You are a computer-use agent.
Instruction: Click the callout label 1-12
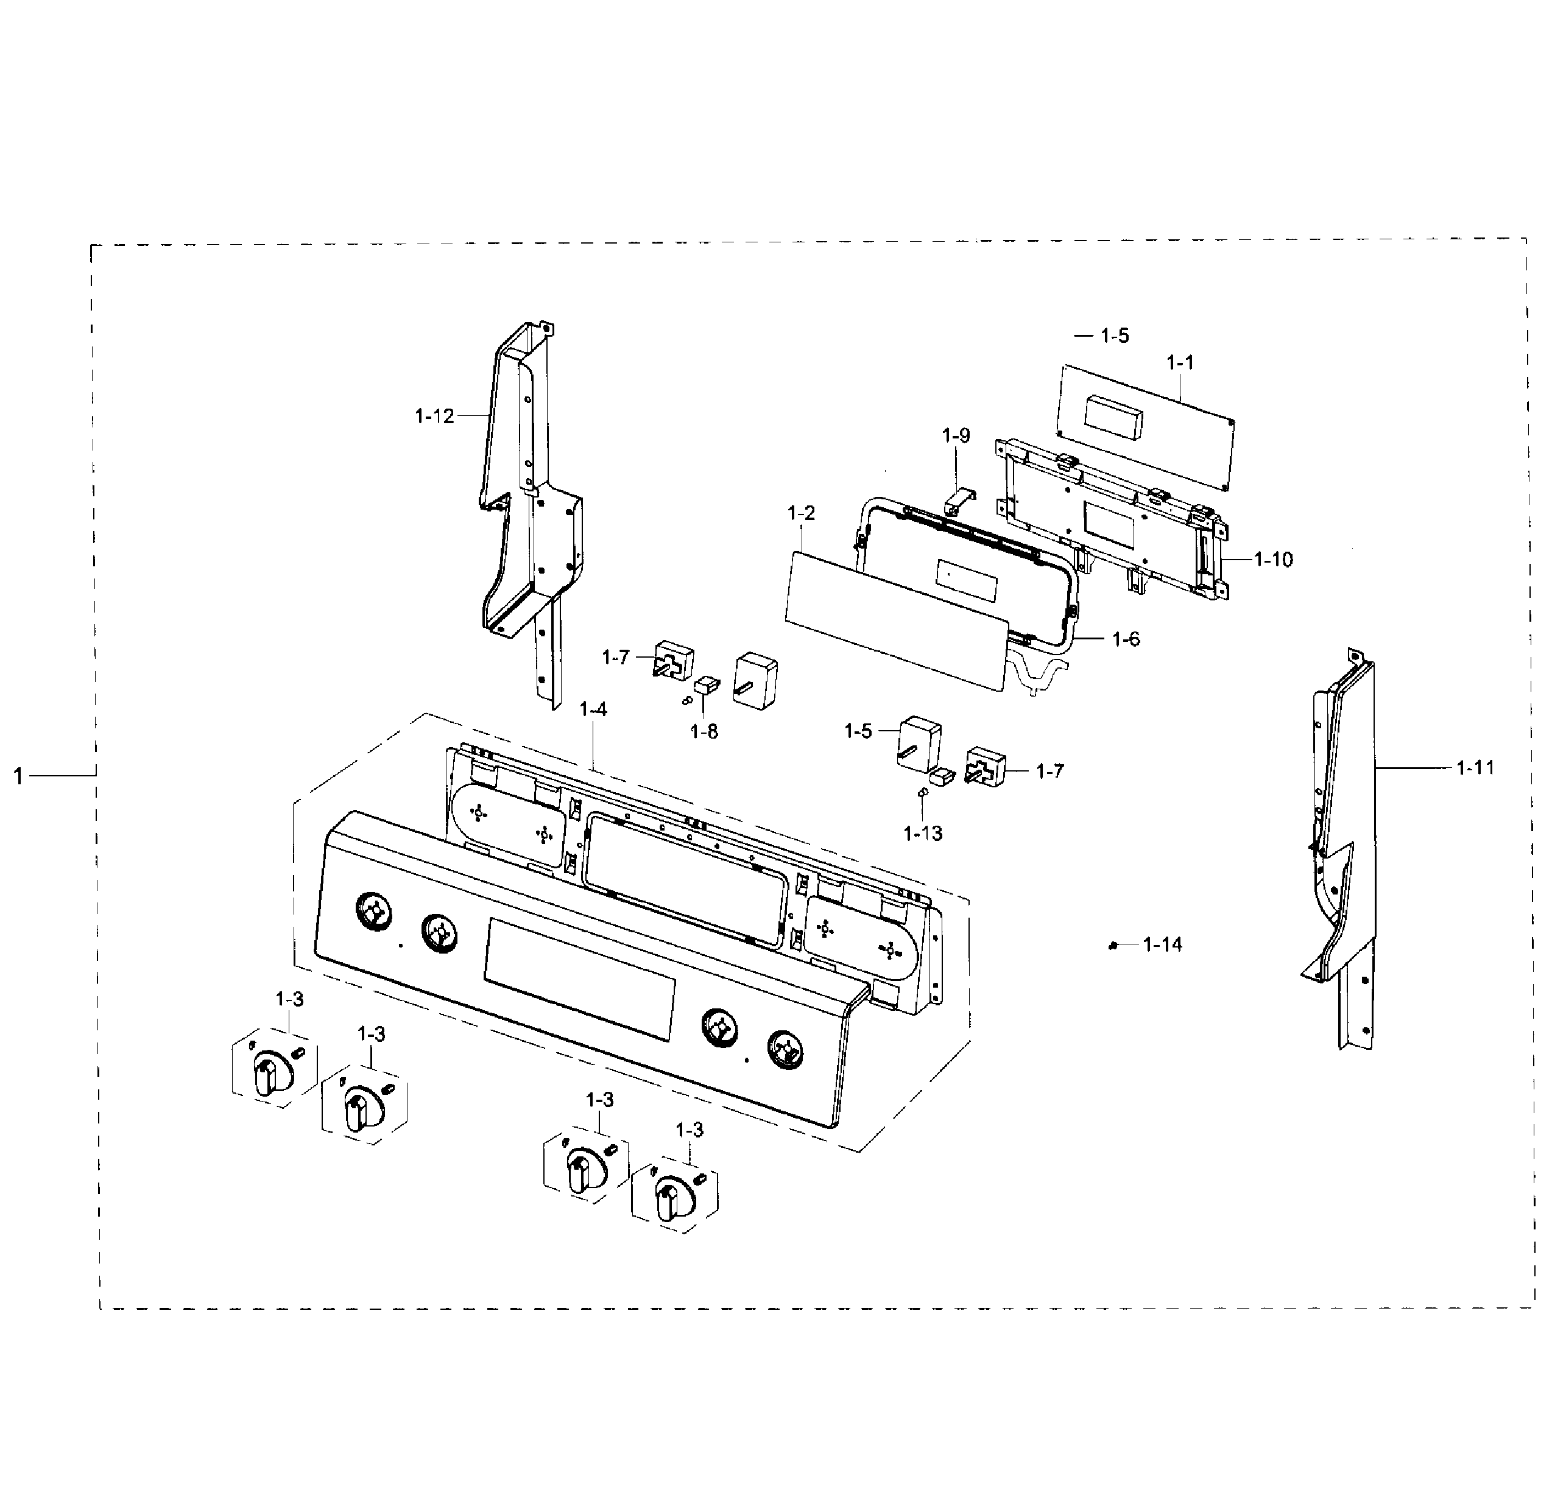(434, 416)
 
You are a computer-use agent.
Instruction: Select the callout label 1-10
(1273, 560)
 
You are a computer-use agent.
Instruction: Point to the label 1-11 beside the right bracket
(1475, 767)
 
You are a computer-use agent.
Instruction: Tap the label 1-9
(956, 435)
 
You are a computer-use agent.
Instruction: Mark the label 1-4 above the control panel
(593, 709)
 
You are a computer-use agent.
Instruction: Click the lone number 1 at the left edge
(18, 776)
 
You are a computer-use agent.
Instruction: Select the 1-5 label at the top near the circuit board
(1114, 336)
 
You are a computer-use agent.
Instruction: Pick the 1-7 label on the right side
(1050, 770)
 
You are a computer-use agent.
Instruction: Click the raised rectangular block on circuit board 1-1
(1113, 417)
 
